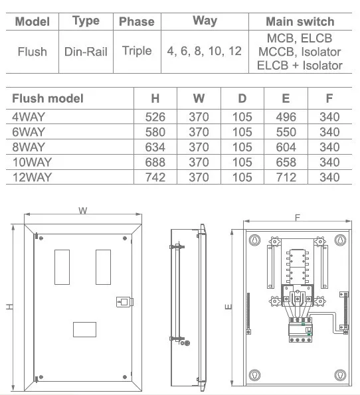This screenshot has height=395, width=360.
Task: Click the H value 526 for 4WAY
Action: point(155,117)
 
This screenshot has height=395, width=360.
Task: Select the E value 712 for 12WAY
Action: point(286,177)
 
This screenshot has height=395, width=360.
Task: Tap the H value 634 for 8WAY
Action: point(155,147)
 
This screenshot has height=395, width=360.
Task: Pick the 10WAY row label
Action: point(33,162)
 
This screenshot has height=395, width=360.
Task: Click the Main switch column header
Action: point(300,22)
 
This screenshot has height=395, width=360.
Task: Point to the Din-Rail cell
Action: point(86,52)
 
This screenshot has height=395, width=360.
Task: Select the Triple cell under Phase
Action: point(137,51)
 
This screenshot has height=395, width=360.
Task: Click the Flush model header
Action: point(48,98)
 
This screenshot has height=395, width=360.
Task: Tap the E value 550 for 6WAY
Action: point(286,132)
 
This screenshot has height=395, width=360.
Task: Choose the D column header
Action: point(242,98)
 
